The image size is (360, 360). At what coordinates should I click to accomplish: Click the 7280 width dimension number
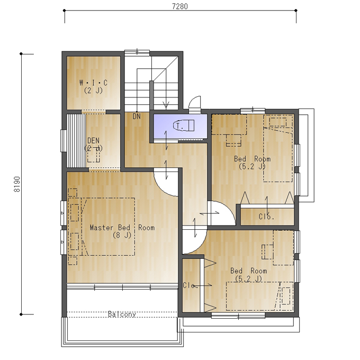coord(180,6)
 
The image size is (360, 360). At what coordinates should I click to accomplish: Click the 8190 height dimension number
coord(17,184)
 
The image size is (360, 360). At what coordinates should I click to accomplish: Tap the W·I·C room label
coord(93,83)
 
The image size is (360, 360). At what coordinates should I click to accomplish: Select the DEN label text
coord(94,140)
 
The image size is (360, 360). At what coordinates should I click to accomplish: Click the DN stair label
coord(137,116)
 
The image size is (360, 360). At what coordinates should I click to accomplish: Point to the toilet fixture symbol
coord(184,125)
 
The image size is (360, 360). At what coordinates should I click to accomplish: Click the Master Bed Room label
coord(122,228)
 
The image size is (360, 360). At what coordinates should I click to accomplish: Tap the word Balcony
coord(122,314)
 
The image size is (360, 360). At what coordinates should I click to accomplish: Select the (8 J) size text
coord(122,235)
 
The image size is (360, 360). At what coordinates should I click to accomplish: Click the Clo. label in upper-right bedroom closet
coord(266,217)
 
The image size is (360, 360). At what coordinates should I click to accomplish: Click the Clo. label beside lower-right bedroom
coord(190,285)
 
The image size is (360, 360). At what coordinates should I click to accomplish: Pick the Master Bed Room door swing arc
coord(163,189)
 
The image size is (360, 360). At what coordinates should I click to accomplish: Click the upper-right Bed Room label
coord(252,159)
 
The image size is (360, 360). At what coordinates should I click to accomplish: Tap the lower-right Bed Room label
coord(249,271)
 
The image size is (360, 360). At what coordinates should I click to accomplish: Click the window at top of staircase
coord(137,52)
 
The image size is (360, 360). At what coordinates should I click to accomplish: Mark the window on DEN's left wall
coord(64,141)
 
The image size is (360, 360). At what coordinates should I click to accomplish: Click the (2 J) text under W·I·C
coord(93,90)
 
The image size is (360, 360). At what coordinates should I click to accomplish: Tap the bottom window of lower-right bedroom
coord(238,316)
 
